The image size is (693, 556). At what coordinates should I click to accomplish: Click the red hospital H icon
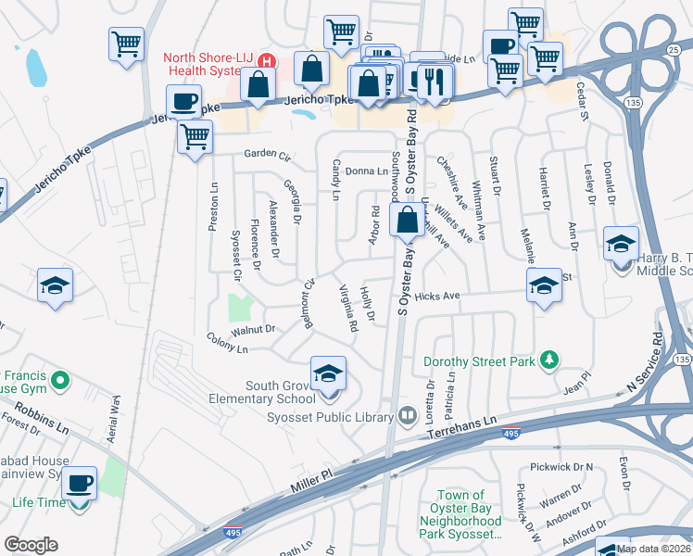click(267, 62)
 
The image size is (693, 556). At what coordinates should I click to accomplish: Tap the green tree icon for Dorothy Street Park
click(549, 359)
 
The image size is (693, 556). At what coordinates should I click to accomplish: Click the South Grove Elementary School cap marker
click(328, 373)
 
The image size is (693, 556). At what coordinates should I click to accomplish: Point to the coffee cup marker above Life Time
click(81, 483)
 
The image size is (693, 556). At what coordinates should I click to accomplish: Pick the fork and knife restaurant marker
click(434, 82)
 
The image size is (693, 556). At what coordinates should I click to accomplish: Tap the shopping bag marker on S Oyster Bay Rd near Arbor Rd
click(407, 221)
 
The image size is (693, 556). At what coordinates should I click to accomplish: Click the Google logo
click(31, 544)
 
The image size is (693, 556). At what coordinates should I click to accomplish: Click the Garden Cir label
click(268, 154)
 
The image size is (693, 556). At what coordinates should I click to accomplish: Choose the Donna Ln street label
click(367, 171)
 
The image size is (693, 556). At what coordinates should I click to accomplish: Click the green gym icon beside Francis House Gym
click(60, 380)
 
